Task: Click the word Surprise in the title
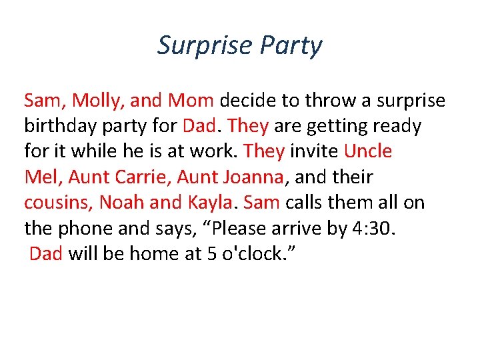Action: [203, 45]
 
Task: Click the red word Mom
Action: [191, 100]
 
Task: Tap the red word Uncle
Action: [368, 151]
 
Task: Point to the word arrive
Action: [297, 229]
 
